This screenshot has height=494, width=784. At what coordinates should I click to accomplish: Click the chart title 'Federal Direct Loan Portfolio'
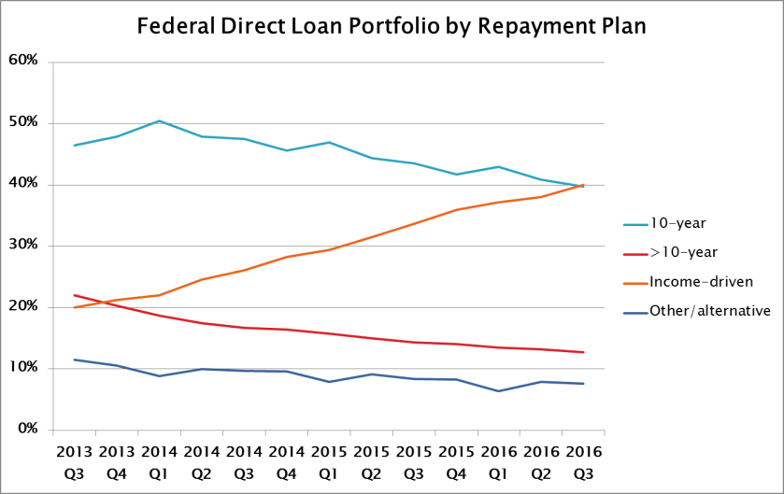[392, 25]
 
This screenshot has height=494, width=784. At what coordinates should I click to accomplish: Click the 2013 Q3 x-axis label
[74, 461]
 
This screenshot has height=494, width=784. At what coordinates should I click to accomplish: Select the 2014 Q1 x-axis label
[159, 461]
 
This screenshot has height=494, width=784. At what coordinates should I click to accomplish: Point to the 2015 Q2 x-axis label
[371, 461]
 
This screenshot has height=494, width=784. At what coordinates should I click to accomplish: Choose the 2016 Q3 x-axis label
[583, 461]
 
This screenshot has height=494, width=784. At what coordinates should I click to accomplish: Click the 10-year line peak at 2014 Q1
[159, 120]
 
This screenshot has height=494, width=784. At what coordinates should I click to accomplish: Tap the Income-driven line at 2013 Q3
[74, 307]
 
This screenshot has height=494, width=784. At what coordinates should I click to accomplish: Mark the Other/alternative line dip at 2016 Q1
[499, 391]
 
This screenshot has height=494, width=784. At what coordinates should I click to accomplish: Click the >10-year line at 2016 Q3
[583, 352]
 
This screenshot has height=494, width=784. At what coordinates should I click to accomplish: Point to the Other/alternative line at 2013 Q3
[74, 360]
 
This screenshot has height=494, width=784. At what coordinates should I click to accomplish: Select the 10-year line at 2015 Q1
[329, 142]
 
